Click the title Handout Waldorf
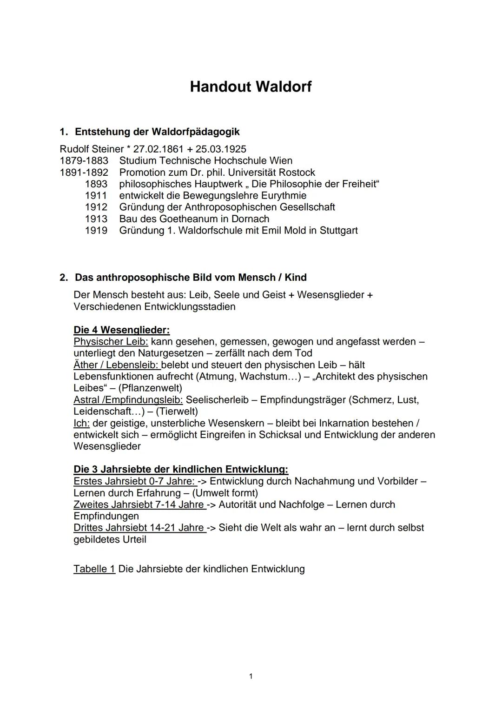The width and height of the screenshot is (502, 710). [251, 86]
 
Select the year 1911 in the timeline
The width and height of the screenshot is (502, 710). [96, 196]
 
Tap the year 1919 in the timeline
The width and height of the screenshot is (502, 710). [96, 231]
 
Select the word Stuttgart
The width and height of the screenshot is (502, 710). [338, 231]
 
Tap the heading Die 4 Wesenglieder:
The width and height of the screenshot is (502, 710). [121, 330]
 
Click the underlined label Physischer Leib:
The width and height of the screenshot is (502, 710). [111, 342]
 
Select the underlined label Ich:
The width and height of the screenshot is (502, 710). [81, 423]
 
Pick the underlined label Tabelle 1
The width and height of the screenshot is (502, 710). [94, 569]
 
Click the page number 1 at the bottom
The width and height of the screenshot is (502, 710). [251, 676]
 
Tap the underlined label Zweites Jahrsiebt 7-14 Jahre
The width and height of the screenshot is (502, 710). [139, 504]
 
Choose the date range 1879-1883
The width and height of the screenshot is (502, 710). [84, 161]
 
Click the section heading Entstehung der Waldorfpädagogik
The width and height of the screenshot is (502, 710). [157, 132]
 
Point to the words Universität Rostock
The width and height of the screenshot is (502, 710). [271, 173]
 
